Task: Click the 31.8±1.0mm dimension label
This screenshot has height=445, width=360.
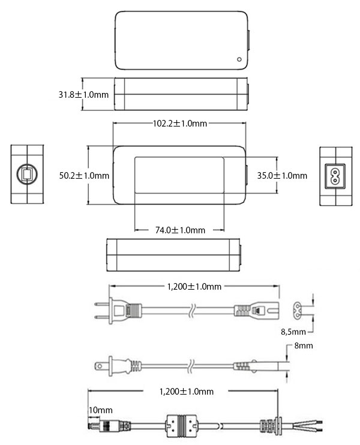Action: (x=83, y=95)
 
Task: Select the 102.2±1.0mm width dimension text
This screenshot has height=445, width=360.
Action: (x=180, y=124)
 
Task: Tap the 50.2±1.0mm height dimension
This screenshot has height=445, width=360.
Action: (x=84, y=175)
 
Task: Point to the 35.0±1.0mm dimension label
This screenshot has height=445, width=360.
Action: (x=282, y=175)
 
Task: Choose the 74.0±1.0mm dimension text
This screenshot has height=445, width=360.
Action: (x=180, y=230)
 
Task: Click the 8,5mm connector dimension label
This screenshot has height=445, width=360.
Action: (x=293, y=332)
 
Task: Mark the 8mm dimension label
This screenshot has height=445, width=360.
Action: (x=304, y=345)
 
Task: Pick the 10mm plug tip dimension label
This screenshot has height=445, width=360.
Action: (x=101, y=410)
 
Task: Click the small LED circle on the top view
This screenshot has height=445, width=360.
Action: (x=239, y=59)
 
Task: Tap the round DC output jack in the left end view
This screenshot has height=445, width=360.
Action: (x=27, y=174)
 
